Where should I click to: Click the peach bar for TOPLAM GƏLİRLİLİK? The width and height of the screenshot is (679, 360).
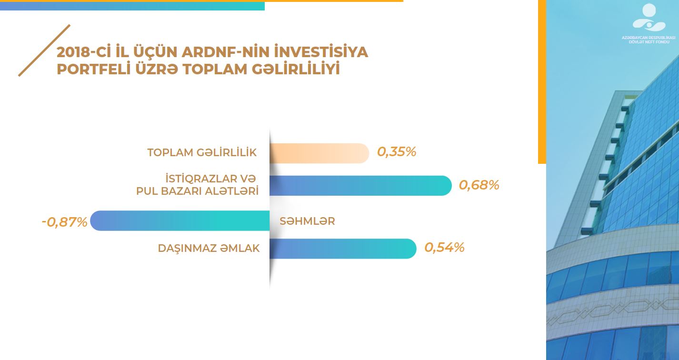tap(319, 153)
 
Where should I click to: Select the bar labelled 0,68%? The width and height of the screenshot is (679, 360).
tap(360, 185)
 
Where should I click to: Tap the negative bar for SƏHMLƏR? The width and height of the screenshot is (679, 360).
tap(180, 220)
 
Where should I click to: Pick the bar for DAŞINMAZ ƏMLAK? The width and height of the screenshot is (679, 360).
tap(343, 249)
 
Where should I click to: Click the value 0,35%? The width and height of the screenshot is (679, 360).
tap(397, 151)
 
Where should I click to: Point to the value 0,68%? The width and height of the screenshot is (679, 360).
tap(479, 185)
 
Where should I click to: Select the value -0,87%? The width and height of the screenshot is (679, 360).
tap(65, 222)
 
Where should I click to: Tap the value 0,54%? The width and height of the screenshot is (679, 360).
tap(444, 247)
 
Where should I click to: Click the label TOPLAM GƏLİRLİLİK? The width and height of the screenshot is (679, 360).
tap(202, 152)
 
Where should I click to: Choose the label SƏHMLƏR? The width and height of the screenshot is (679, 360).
tap(307, 221)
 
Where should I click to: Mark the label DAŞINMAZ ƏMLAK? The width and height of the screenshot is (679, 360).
tap(209, 248)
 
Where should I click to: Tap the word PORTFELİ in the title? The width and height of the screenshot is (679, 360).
tap(94, 69)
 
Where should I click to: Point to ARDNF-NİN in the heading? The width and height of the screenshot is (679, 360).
tap(226, 52)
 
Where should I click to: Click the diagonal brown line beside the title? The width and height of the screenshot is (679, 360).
tap(44, 50)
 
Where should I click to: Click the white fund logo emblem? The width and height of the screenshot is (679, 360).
tap(649, 18)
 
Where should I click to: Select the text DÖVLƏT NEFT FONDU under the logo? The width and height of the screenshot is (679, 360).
tap(649, 42)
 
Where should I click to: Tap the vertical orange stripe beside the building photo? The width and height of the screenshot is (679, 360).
tap(542, 82)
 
